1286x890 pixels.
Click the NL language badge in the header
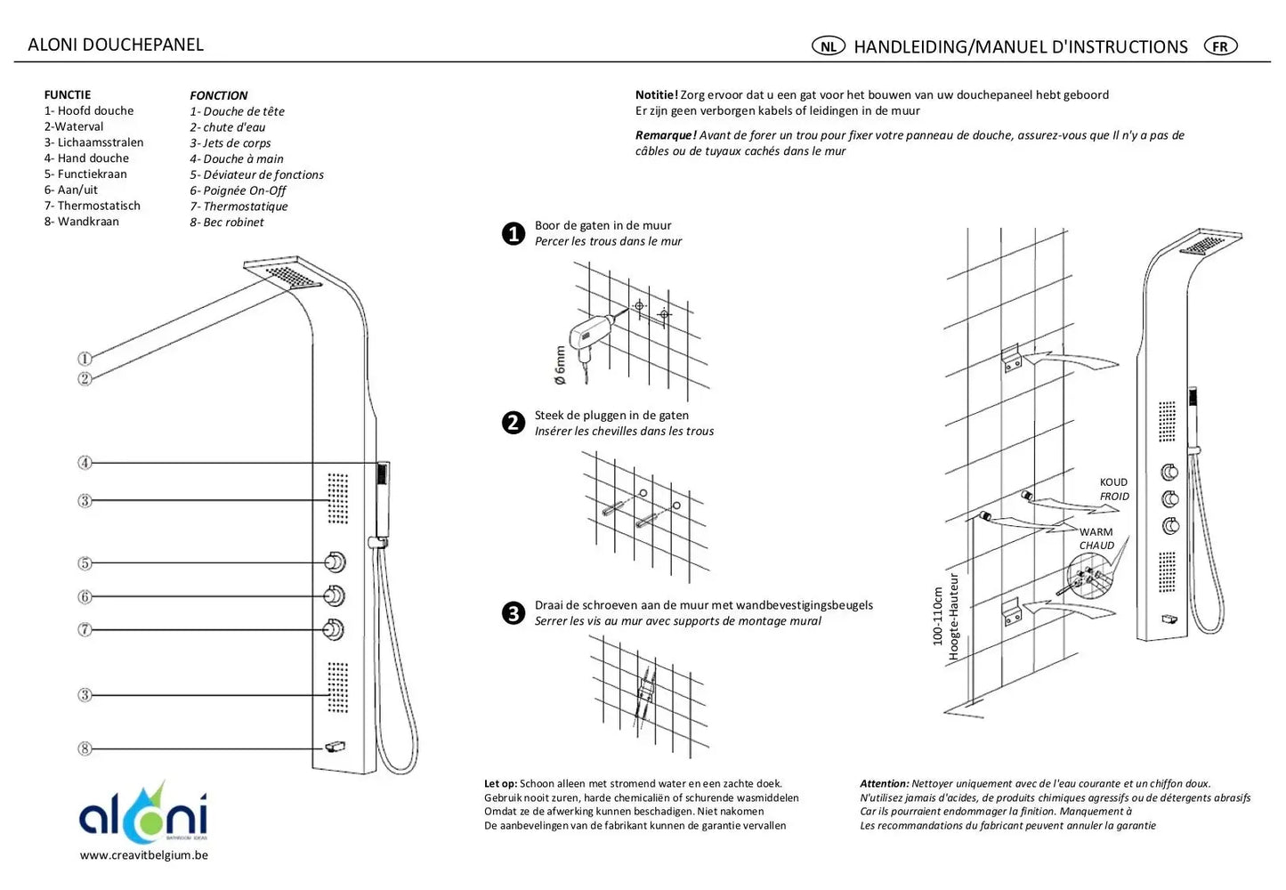pyautogui.click(x=828, y=46)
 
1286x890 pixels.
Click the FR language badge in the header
pyautogui.click(x=1220, y=46)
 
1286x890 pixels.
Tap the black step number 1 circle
pyautogui.click(x=514, y=234)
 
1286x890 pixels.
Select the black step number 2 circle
pyautogui.click(x=514, y=423)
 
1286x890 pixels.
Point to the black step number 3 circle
pyautogui.click(x=514, y=613)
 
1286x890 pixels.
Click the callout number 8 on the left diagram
pyautogui.click(x=85, y=748)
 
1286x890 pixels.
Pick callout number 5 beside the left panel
pyautogui.click(x=85, y=563)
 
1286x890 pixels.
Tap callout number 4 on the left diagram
pyautogui.click(x=85, y=463)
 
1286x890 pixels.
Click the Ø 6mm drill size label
pyautogui.click(x=560, y=365)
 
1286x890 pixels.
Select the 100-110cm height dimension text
pyautogui.click(x=937, y=615)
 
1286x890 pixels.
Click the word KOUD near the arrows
pyautogui.click(x=1113, y=482)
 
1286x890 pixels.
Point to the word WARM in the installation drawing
pyautogui.click(x=1096, y=532)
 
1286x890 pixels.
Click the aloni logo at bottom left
pyautogui.click(x=143, y=812)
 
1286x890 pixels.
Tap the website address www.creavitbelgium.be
pyautogui.click(x=143, y=855)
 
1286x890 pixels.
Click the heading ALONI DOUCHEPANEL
pyautogui.click(x=116, y=44)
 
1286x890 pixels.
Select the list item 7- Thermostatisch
pyautogui.click(x=92, y=206)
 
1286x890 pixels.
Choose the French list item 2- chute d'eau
pyautogui.click(x=227, y=127)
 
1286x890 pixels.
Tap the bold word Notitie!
pyautogui.click(x=656, y=94)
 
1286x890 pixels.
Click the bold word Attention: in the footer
pyautogui.click(x=884, y=784)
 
